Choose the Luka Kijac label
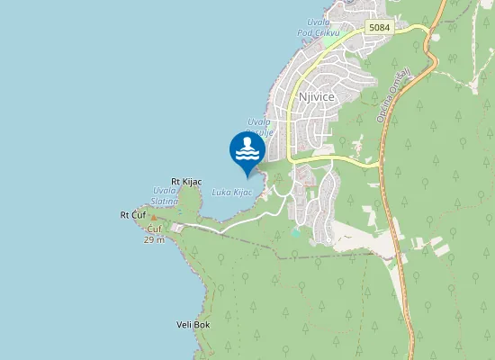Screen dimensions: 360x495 (x=231, y=192)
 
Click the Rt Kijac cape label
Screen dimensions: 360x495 (x=186, y=182)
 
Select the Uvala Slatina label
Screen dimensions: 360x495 (x=166, y=196)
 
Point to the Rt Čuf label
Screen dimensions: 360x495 (x=132, y=215)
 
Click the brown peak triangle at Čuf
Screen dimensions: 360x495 (x=153, y=218)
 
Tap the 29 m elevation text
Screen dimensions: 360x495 (x=154, y=240)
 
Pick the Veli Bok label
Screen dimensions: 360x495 (x=193, y=324)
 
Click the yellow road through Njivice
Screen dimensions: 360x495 (x=333, y=158)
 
